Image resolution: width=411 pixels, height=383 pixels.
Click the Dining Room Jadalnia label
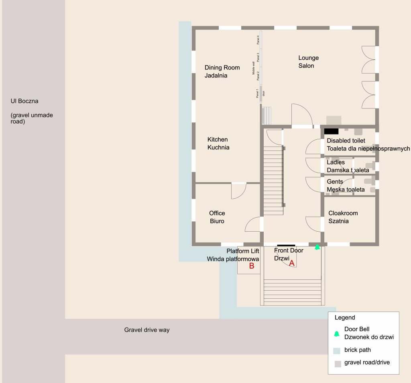click(222, 71)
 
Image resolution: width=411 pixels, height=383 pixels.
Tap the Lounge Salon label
click(308, 62)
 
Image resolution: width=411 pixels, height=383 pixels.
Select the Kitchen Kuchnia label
click(218, 143)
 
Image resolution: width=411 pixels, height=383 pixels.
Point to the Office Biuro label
click(217, 217)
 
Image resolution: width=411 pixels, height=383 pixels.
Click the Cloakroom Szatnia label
click(343, 217)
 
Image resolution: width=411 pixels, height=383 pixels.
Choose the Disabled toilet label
click(346, 141)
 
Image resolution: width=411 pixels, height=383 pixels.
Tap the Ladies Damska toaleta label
click(336, 163)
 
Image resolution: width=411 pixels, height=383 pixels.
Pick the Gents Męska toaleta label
click(335, 182)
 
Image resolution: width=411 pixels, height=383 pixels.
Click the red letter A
click(292, 263)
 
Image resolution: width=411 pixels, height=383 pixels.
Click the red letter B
click(252, 266)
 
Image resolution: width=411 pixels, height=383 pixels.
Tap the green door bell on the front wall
click(317, 247)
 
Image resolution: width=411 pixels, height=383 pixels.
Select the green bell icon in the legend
click(336, 333)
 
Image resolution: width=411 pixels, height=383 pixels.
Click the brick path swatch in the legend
click(337, 350)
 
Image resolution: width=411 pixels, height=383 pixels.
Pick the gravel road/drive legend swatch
click(338, 364)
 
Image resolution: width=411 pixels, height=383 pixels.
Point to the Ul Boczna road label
click(24, 101)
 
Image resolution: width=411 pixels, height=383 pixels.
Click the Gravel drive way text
click(147, 330)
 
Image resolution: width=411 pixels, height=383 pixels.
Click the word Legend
click(345, 318)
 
